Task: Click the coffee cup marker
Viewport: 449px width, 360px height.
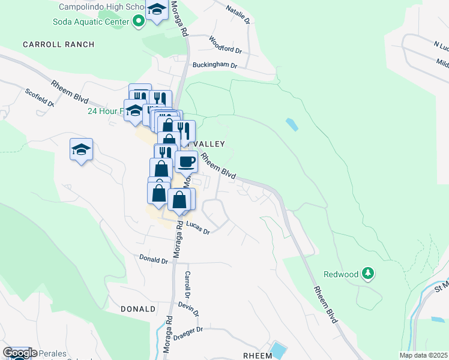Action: [x=186, y=161]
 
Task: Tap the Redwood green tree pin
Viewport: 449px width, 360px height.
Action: [x=368, y=274]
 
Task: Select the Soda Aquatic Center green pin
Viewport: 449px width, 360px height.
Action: [x=139, y=22]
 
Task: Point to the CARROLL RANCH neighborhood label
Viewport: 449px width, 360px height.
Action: [x=59, y=44]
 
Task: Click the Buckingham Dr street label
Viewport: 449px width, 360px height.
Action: [x=215, y=65]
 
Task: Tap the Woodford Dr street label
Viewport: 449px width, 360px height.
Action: [x=225, y=44]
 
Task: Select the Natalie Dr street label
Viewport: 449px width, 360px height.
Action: [x=237, y=13]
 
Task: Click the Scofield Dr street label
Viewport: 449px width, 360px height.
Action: [x=40, y=97]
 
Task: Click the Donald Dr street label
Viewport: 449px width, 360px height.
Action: [x=153, y=260]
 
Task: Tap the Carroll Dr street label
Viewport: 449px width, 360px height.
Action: [x=187, y=285]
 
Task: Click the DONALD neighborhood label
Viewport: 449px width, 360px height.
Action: [x=138, y=309]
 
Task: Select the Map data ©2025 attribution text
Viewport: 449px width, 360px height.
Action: [x=423, y=355]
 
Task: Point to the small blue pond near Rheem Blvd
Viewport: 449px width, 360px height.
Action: [x=292, y=125]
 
